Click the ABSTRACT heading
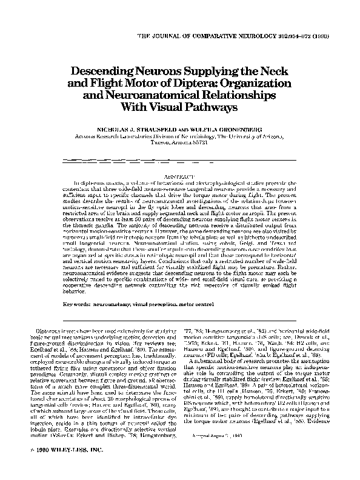pyautogui.click(x=179, y=175)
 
